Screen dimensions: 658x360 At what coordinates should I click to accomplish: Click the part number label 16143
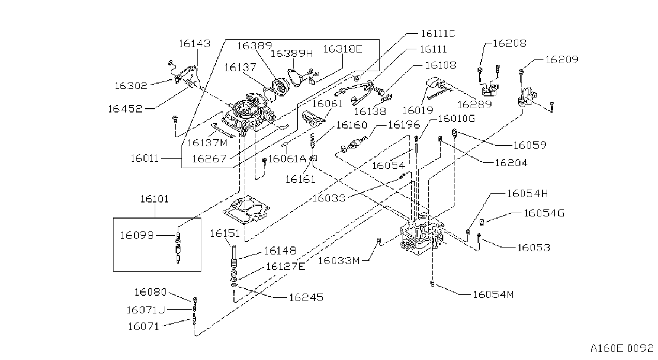pyautogui.click(x=195, y=43)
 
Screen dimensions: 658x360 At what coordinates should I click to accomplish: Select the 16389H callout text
pyautogui.click(x=291, y=54)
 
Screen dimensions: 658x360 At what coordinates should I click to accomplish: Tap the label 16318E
pyautogui.click(x=343, y=49)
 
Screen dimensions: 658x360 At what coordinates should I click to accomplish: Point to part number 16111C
pyautogui.click(x=438, y=34)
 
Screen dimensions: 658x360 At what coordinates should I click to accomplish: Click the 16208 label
pyautogui.click(x=509, y=43)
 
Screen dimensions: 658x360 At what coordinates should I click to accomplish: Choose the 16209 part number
pyautogui.click(x=562, y=59)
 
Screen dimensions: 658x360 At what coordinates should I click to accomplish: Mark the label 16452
pyautogui.click(x=125, y=109)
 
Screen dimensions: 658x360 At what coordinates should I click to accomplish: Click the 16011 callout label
pyautogui.click(x=145, y=159)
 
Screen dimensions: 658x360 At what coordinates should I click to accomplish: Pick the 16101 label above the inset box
pyautogui.click(x=155, y=199)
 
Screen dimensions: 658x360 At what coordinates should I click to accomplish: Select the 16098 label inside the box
pyautogui.click(x=137, y=235)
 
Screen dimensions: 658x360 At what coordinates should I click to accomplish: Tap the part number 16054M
pyautogui.click(x=493, y=295)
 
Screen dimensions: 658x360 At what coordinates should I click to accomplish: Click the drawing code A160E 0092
pyautogui.click(x=622, y=349)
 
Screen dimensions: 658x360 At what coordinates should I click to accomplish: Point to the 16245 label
pyautogui.click(x=306, y=298)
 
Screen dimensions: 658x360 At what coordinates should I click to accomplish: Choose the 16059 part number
pyautogui.click(x=530, y=145)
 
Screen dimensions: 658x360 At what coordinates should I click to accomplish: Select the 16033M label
pyautogui.click(x=339, y=261)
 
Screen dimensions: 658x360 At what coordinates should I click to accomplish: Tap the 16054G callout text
pyautogui.click(x=544, y=213)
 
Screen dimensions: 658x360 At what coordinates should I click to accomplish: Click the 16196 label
pyautogui.click(x=404, y=125)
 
